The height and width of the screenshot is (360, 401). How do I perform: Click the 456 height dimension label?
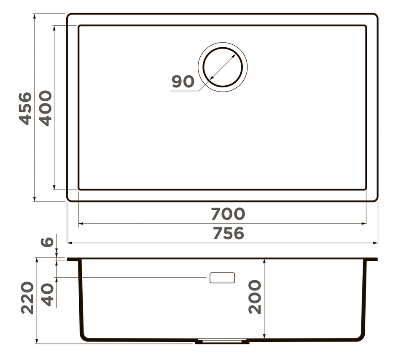coord(26,108)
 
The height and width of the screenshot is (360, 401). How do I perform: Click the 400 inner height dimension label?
coord(46,108)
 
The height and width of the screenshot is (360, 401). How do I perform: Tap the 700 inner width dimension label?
coord(228,214)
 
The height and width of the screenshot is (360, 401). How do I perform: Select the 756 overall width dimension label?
coord(229,233)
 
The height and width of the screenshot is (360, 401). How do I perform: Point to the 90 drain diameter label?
coord(183,81)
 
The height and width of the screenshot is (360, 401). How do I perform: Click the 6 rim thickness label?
coord(47,242)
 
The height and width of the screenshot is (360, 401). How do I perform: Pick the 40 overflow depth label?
coord(48,295)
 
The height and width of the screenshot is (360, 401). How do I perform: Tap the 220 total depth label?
coord(27,298)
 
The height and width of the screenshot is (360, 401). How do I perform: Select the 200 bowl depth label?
coord(255,297)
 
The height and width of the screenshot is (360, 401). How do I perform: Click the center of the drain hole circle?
coord(223,67)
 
